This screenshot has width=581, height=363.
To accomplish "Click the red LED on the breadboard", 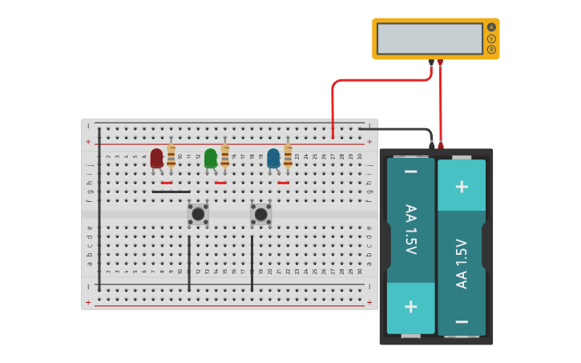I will pyautogui.click(x=156, y=158).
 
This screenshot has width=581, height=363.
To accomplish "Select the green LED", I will pyautogui.click(x=210, y=158).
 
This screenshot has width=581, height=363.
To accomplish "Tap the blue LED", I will pyautogui.click(x=273, y=158).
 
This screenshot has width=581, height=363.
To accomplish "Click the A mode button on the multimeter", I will pyautogui.click(x=491, y=27).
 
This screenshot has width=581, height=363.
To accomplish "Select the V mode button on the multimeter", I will pyautogui.click(x=491, y=38).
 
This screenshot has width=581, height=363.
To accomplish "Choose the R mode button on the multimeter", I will pyautogui.click(x=491, y=50).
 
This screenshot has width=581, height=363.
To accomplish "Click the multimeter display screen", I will pyautogui.click(x=430, y=38).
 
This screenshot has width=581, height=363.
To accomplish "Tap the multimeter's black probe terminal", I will pyautogui.click(x=431, y=62).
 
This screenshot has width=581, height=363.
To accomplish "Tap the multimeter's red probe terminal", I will pyautogui.click(x=440, y=62).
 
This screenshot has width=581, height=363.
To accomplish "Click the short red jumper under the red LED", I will pyautogui.click(x=166, y=183).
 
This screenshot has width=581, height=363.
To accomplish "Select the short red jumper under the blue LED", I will pyautogui.click(x=283, y=183).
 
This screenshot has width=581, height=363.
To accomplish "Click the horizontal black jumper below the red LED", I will pyautogui.click(x=171, y=192).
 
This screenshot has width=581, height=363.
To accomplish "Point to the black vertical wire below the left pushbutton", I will pyautogui.click(x=189, y=263).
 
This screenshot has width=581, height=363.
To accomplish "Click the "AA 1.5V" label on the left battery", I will pyautogui.click(x=410, y=230).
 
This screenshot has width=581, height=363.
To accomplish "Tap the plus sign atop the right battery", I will pyautogui.click(x=462, y=186).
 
